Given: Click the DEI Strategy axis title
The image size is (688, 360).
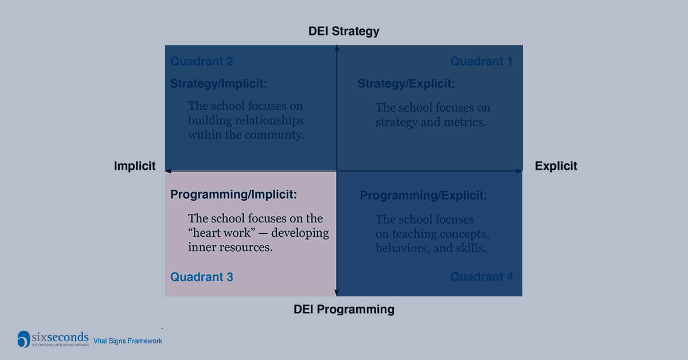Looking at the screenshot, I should point(344,31).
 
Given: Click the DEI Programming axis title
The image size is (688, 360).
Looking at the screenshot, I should point(344,310).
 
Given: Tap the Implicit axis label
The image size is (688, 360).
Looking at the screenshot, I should point(135,166).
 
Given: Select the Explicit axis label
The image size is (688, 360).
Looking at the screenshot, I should point(556,166).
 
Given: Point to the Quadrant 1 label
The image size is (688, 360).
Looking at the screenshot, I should point(481,61).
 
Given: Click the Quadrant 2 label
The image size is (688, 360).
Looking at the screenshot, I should point(202,61).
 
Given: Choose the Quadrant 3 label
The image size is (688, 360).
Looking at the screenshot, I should point(202,277).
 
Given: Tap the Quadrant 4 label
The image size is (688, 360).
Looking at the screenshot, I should point(482,277).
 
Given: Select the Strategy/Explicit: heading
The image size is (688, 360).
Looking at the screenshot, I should point(406,84).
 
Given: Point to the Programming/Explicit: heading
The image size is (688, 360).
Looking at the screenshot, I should point(424,196).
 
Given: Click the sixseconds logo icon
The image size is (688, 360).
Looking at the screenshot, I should point(24,339).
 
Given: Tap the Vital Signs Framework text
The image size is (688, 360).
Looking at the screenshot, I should point(128,341).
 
